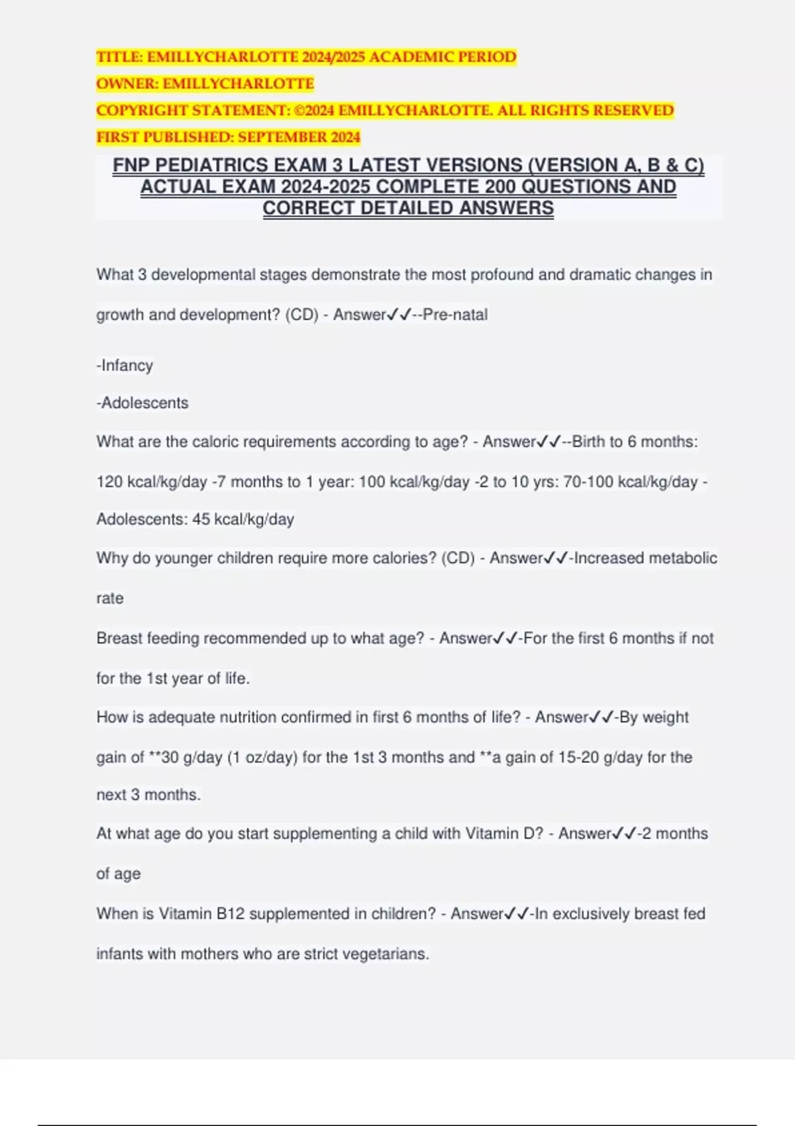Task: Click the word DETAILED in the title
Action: point(407,208)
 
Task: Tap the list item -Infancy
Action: point(125,366)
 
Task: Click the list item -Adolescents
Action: point(142,403)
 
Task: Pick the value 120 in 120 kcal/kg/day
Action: point(109,482)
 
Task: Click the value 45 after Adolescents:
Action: point(201,519)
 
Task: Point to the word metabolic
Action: point(682,558)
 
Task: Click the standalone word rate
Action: point(110,598)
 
